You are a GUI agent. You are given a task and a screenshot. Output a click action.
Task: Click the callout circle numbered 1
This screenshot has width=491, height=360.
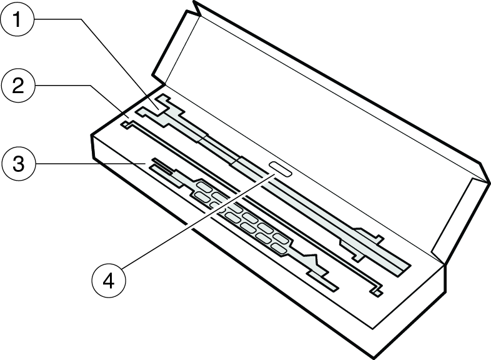[17, 19]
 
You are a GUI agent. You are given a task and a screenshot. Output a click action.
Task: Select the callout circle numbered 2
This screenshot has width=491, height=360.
[18, 85]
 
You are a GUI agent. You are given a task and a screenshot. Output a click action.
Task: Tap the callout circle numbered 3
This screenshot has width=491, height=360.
[18, 164]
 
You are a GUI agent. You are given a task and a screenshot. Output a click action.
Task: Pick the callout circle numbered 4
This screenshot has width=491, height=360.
[108, 281]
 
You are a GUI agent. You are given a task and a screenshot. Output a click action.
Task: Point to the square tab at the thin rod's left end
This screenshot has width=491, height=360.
[126, 126]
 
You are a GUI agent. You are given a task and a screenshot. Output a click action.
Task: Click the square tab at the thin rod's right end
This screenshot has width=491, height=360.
[378, 293]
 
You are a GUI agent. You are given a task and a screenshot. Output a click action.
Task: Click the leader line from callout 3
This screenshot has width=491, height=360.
[90, 164]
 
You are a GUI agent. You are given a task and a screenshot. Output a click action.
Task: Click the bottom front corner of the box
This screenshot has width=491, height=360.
[374, 357]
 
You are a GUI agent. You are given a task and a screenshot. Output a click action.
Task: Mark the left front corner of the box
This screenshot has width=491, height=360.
[91, 136]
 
